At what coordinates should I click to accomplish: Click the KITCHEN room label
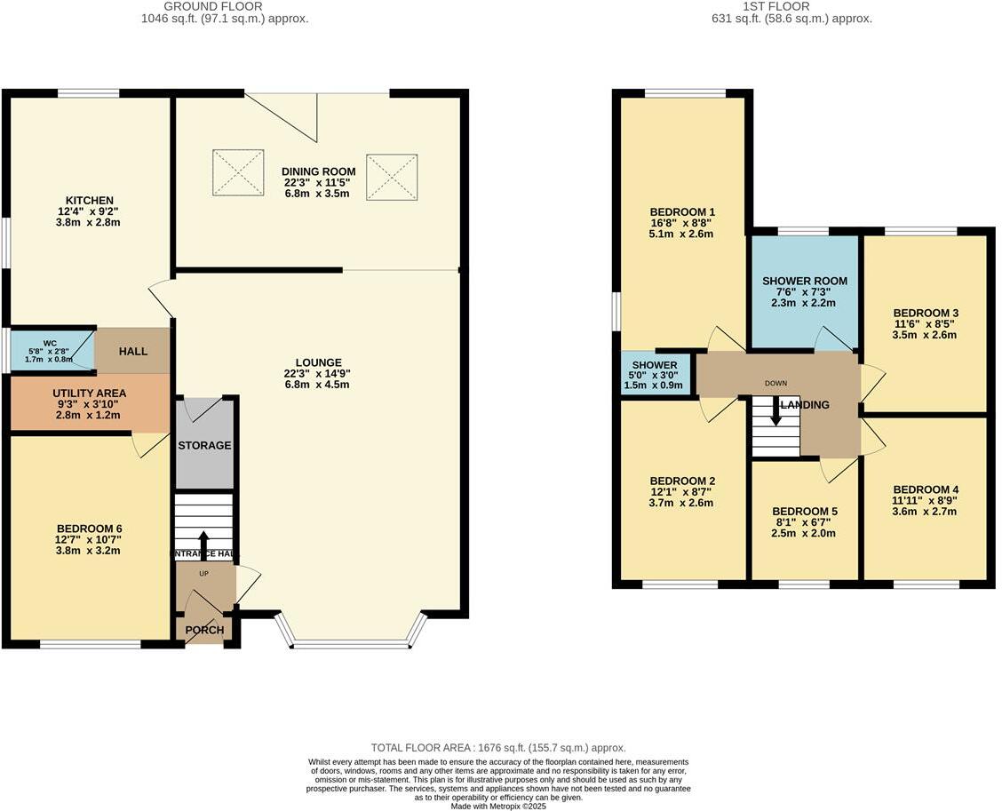(x=89, y=200)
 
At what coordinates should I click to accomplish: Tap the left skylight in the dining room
(x=238, y=172)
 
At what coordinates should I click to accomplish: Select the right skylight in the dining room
(x=392, y=178)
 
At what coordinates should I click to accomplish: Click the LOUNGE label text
(x=319, y=362)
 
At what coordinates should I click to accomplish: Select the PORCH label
(x=204, y=631)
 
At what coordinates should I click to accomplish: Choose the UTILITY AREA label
(x=89, y=393)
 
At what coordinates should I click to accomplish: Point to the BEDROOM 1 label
(x=681, y=211)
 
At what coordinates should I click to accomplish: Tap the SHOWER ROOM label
(x=805, y=281)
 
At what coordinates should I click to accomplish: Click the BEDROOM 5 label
(x=804, y=511)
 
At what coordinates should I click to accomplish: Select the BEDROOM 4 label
(x=926, y=489)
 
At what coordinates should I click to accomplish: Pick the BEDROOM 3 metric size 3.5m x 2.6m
(x=926, y=335)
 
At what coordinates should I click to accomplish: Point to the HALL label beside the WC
(x=133, y=351)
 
